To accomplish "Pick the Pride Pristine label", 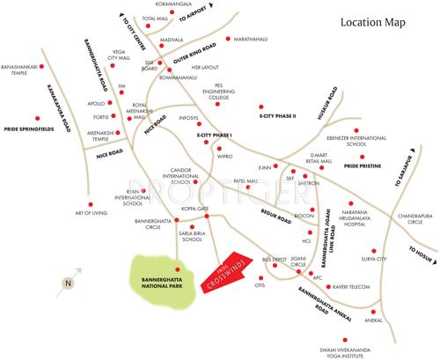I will click(x=363, y=165).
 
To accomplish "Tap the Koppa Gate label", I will click(x=194, y=209).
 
